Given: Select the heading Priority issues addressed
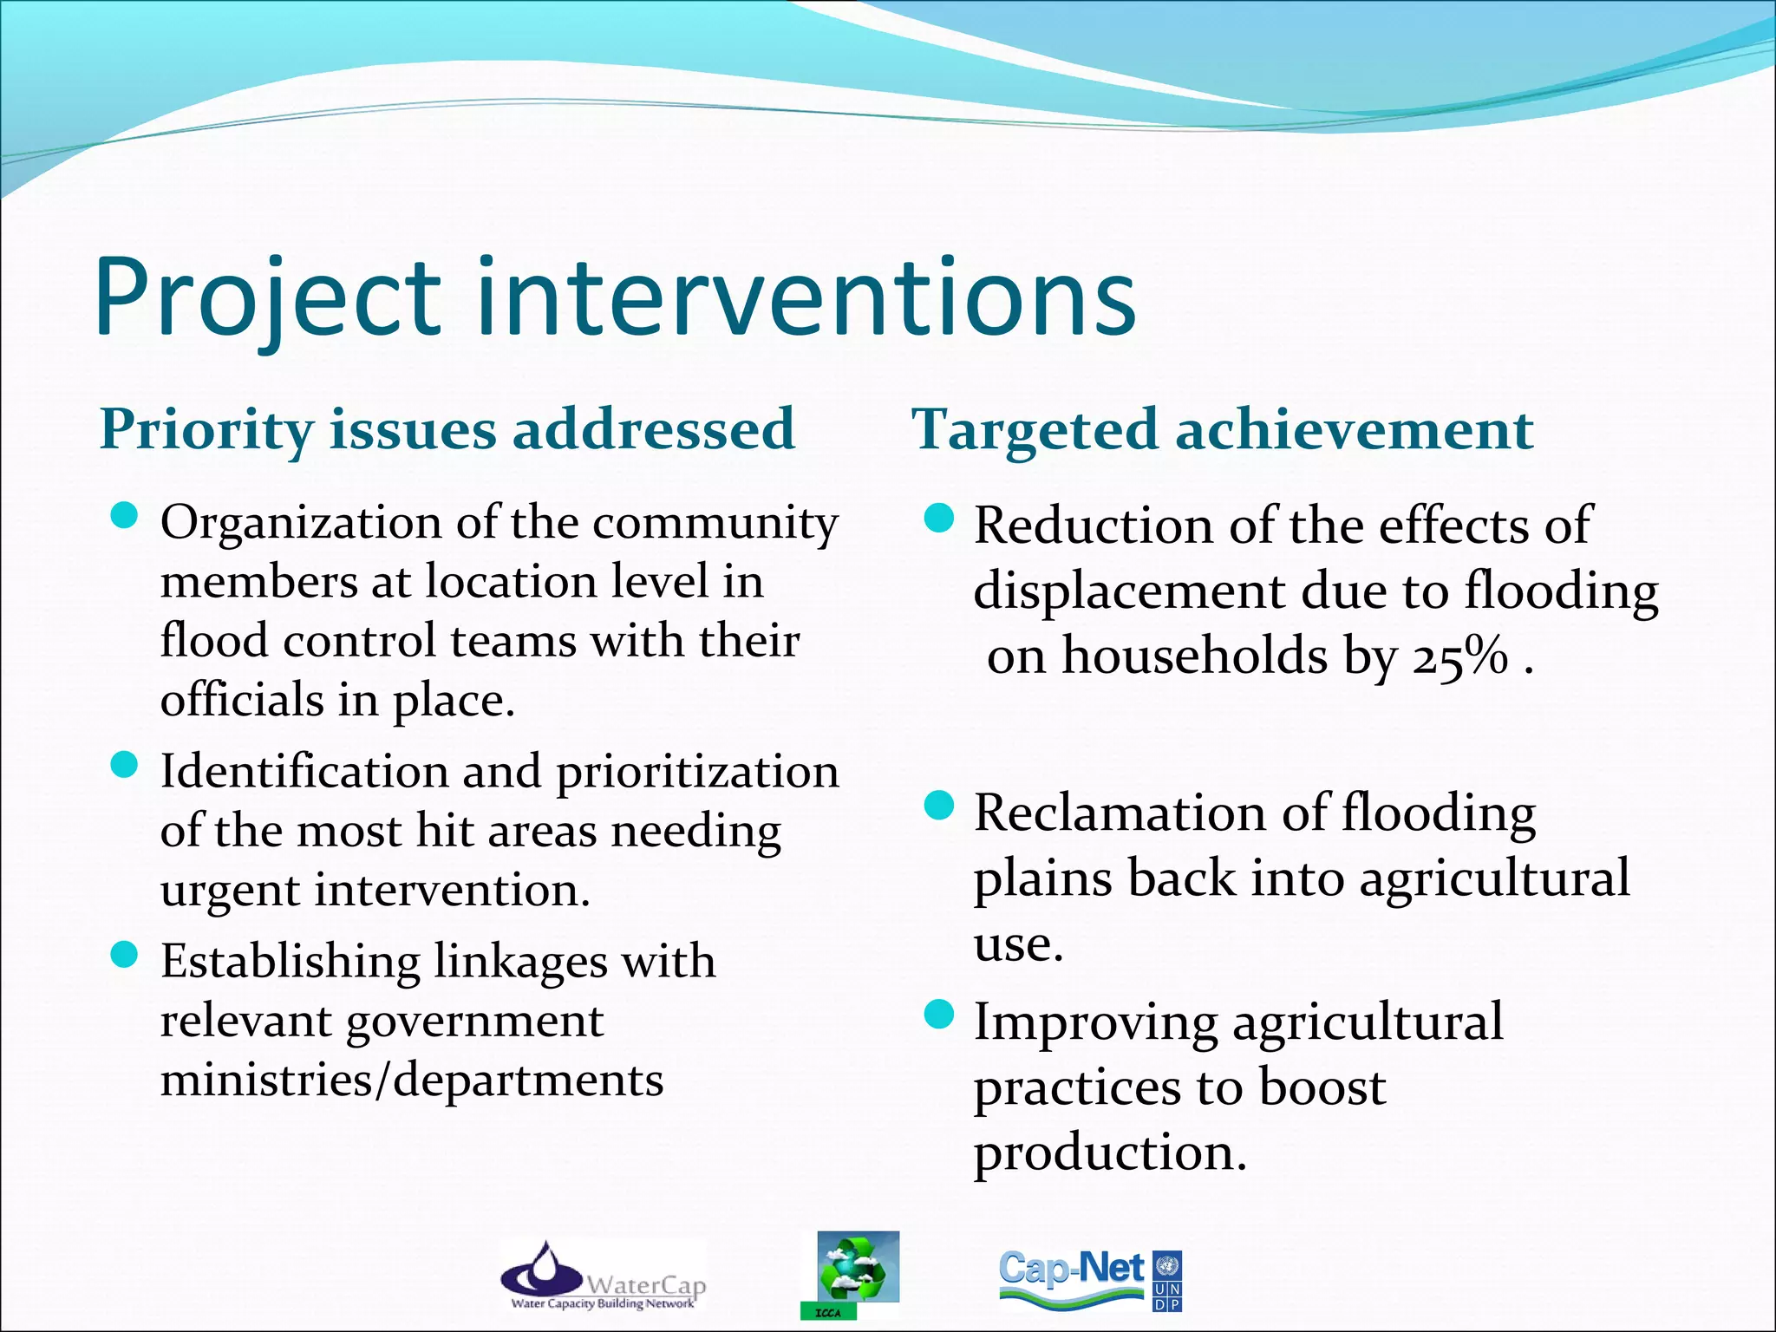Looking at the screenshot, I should click(x=447, y=429).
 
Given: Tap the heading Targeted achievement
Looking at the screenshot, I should click(x=1223, y=429).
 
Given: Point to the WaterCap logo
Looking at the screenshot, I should click(x=604, y=1276).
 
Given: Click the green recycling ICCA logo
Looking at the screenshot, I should click(x=857, y=1270).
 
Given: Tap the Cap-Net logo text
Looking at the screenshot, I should click(x=1072, y=1270).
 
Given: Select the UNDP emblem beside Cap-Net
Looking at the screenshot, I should click(x=1168, y=1280).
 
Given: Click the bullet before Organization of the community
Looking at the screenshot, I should click(x=126, y=517).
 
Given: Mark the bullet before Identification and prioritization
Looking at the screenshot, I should click(x=126, y=766).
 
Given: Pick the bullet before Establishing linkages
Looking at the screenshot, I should click(x=126, y=956).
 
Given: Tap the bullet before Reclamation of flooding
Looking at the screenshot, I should click(x=938, y=806).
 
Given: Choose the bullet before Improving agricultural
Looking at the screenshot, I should click(x=938, y=1014).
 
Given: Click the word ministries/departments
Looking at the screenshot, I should click(x=412, y=1081).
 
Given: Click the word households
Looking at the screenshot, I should click(x=1195, y=656).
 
